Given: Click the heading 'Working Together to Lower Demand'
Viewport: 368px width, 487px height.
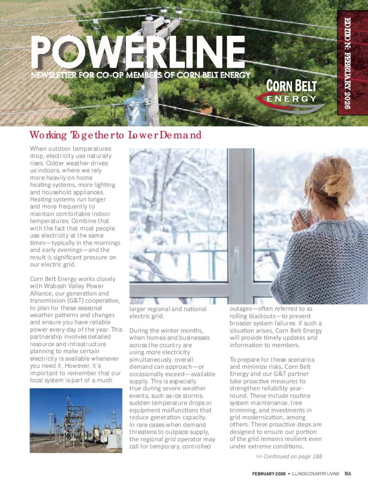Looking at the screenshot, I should pos(116,135).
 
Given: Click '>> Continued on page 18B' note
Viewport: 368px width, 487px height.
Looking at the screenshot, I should pos(289,457).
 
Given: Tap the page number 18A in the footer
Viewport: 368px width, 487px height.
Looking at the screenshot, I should pos(348,474).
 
